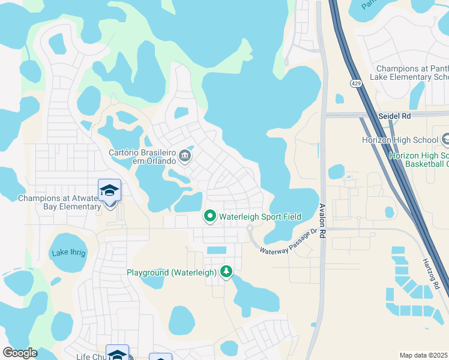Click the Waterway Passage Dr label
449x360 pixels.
pyautogui.click(x=288, y=242)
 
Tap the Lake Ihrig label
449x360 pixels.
pyautogui.click(x=68, y=253)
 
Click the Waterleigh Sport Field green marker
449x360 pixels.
pyautogui.click(x=209, y=216)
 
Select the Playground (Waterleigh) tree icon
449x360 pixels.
pyautogui.click(x=226, y=272)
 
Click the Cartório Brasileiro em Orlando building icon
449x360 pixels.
pyautogui.click(x=185, y=157)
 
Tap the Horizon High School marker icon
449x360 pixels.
pyautogui.click(x=446, y=140)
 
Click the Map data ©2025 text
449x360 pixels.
pyautogui.click(x=423, y=355)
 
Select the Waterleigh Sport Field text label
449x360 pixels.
pyautogui.click(x=260, y=217)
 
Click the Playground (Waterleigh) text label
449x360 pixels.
pyautogui.click(x=171, y=272)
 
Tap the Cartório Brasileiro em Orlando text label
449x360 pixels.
pyautogui.click(x=142, y=157)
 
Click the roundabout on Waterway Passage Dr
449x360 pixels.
pyautogui.click(x=250, y=229)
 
